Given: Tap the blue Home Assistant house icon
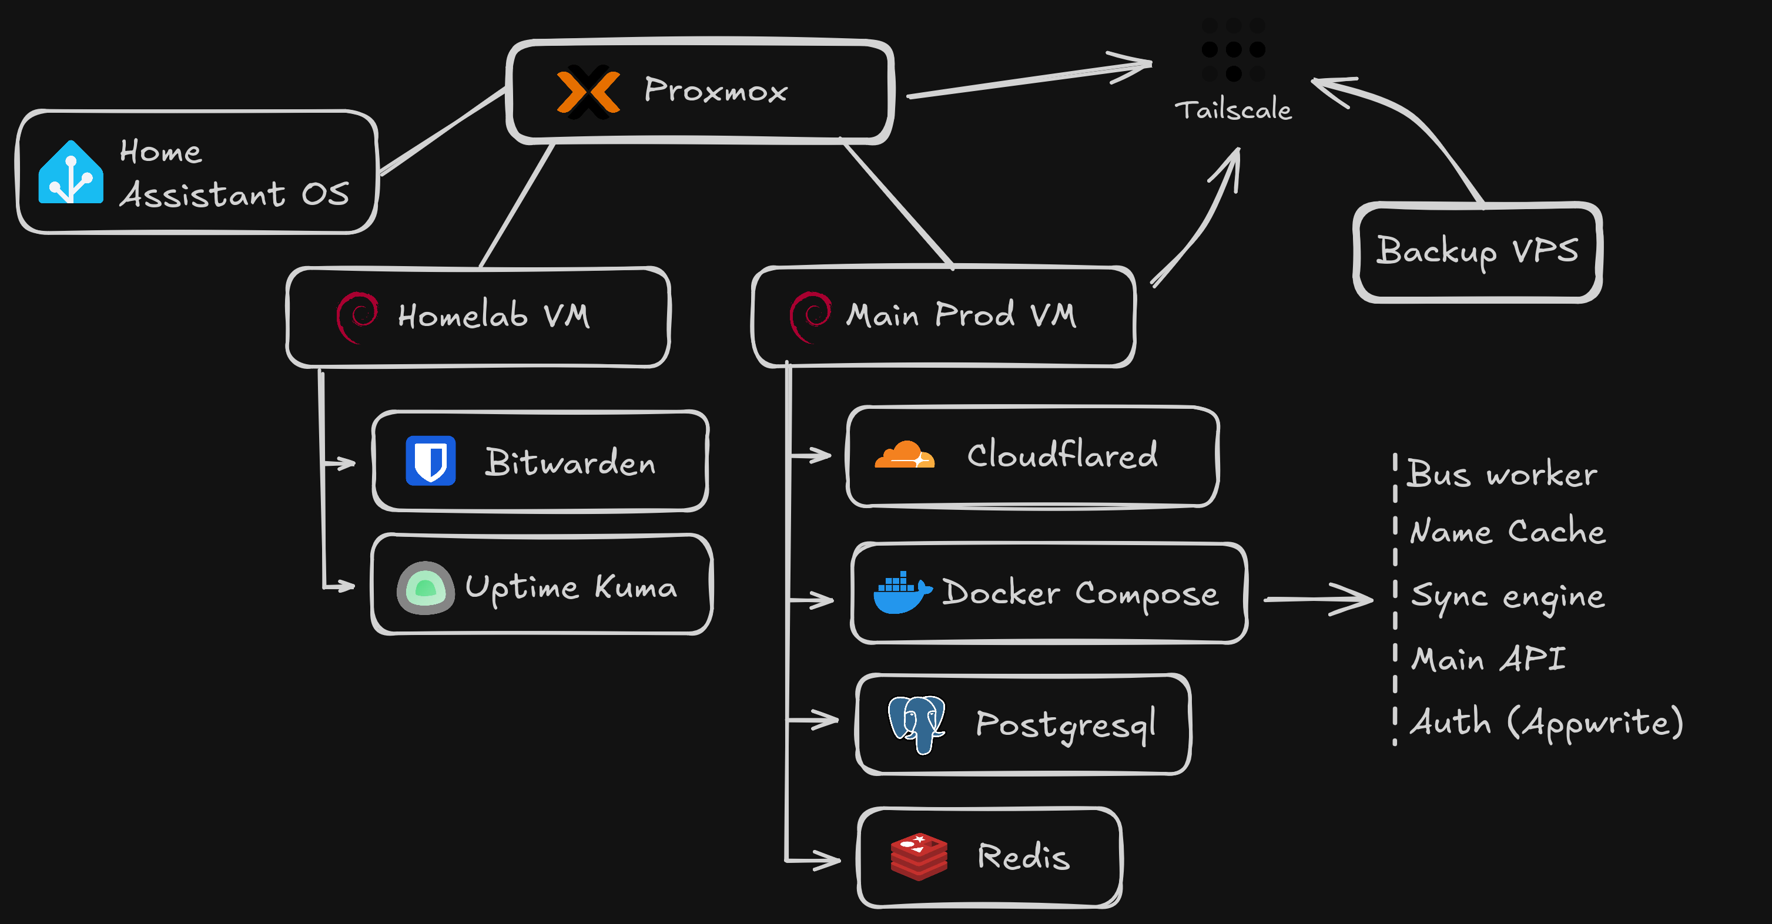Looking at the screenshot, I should (x=71, y=173).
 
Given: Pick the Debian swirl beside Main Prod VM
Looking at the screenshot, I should (x=810, y=316).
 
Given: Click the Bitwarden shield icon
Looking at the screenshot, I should (x=431, y=461).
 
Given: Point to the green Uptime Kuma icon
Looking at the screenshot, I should (x=425, y=588).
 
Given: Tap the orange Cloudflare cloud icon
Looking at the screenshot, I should (x=904, y=455).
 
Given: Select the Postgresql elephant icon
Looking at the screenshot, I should (x=917, y=723).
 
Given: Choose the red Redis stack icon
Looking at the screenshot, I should (x=919, y=856).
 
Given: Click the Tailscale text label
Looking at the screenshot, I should (x=1232, y=110).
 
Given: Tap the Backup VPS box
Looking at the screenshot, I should (x=1477, y=251).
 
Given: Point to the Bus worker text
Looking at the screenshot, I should (x=1502, y=473).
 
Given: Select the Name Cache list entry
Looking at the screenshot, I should (x=1507, y=532).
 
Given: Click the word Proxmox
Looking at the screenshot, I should (x=715, y=90).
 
